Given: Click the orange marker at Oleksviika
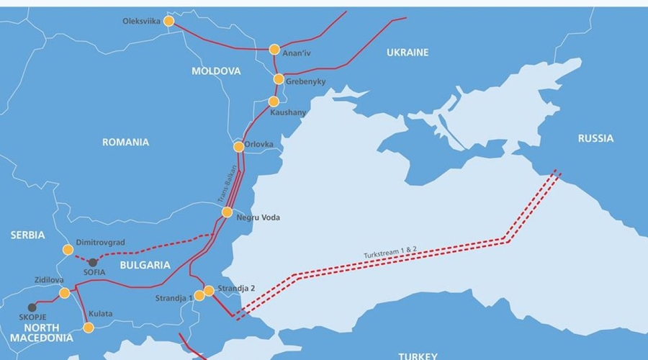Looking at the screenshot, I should (x=169, y=22).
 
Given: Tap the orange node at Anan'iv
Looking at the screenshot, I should (x=274, y=50).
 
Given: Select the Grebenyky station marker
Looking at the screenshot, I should (x=279, y=79).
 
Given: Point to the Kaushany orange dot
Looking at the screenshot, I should (x=274, y=102).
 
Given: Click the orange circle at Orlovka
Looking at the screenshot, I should (x=238, y=147).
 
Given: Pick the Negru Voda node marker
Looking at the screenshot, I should (x=227, y=212).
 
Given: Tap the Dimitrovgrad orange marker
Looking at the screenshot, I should (x=68, y=250).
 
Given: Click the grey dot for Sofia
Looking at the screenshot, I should (x=92, y=263).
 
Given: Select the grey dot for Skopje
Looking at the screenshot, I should (x=32, y=307).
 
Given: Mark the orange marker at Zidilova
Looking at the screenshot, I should (x=65, y=293).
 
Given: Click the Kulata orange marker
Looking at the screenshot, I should (x=89, y=328).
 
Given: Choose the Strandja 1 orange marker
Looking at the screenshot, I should (x=199, y=296).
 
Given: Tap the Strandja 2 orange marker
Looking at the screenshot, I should (x=209, y=290).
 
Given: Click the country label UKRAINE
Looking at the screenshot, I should (x=407, y=53).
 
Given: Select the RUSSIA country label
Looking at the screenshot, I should (x=595, y=138).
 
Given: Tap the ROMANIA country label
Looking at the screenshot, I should (x=125, y=143).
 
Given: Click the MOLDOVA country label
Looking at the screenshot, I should (x=216, y=71).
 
